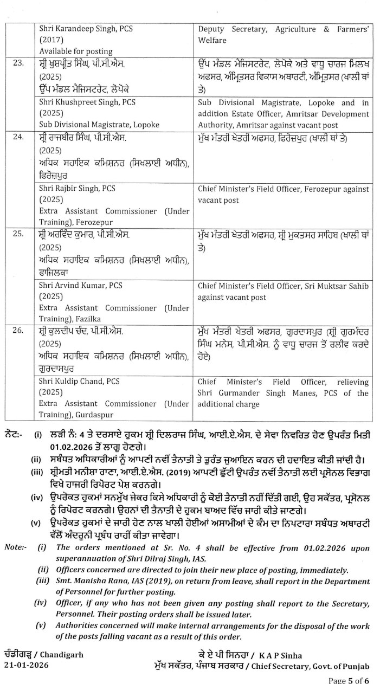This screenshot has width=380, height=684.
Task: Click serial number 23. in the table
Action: tap(18, 63)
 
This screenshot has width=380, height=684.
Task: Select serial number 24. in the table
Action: tap(18, 138)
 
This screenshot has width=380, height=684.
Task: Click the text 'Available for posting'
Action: tap(76, 51)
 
